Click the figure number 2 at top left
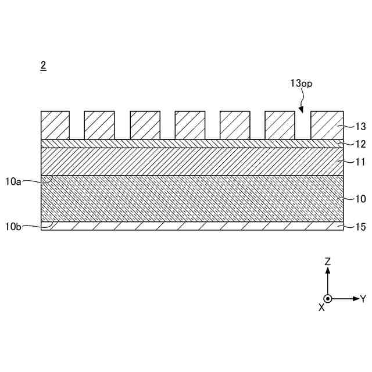click(43, 66)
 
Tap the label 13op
click(301, 83)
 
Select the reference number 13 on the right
click(360, 126)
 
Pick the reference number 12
click(360, 144)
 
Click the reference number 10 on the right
click(360, 199)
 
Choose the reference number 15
click(360, 227)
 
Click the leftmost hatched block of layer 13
click(55, 125)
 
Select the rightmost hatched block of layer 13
click(325, 125)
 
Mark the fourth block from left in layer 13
click(190, 125)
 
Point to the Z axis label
click(328, 262)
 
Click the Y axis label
click(363, 299)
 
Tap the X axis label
click(321, 307)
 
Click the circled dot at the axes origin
click(328, 299)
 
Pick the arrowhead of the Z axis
click(328, 271)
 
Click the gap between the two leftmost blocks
click(77, 125)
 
